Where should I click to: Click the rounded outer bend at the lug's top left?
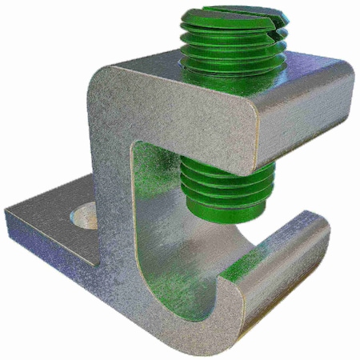[x=100, y=88]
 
